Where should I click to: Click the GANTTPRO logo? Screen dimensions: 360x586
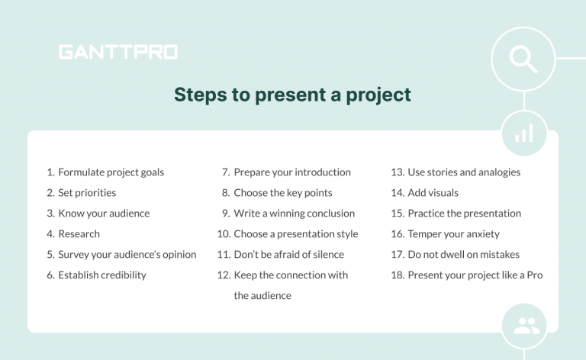pos(118,52)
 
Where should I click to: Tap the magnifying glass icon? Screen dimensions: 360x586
pos(523,59)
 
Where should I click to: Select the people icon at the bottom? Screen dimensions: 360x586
pos(526,326)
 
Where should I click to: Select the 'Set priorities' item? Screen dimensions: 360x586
pos(87,193)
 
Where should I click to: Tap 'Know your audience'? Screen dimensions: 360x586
pos(104,214)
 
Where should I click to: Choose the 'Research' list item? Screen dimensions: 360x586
pos(79,234)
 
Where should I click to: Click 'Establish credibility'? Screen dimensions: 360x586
pos(101,275)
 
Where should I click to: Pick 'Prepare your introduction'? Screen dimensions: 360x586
pos(291,172)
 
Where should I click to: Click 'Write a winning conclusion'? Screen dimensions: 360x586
pos(294,214)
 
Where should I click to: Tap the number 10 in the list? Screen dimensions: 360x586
pos(224,234)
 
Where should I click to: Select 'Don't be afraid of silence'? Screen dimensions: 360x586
pos(288,255)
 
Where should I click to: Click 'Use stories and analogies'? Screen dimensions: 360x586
pos(463,172)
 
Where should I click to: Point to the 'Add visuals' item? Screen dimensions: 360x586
pos(433,193)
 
